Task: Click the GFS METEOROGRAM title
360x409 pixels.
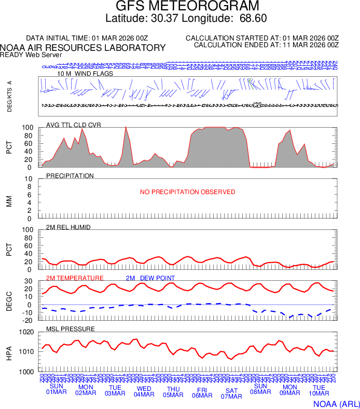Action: pyautogui.click(x=187, y=7)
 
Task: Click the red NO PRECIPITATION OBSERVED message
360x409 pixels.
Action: pyautogui.click(x=188, y=192)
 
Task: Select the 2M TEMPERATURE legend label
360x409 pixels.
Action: pyautogui.click(x=75, y=278)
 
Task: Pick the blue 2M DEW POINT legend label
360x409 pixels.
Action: pyautogui.click(x=150, y=278)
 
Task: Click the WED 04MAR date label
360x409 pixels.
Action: pyautogui.click(x=144, y=390)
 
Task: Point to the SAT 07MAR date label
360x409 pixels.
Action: pyautogui.click(x=232, y=393)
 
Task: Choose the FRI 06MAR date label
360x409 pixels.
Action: pyautogui.click(x=202, y=392)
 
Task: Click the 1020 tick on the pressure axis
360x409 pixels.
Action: pyautogui.click(x=26, y=332)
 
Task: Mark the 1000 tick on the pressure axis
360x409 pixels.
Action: pyautogui.click(x=26, y=372)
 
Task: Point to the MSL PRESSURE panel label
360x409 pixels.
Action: pyautogui.click(x=71, y=329)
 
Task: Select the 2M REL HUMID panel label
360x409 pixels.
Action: pyautogui.click(x=69, y=227)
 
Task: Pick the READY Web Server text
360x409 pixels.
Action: pyautogui.click(x=31, y=54)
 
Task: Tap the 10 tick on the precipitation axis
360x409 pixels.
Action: pyautogui.click(x=30, y=179)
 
